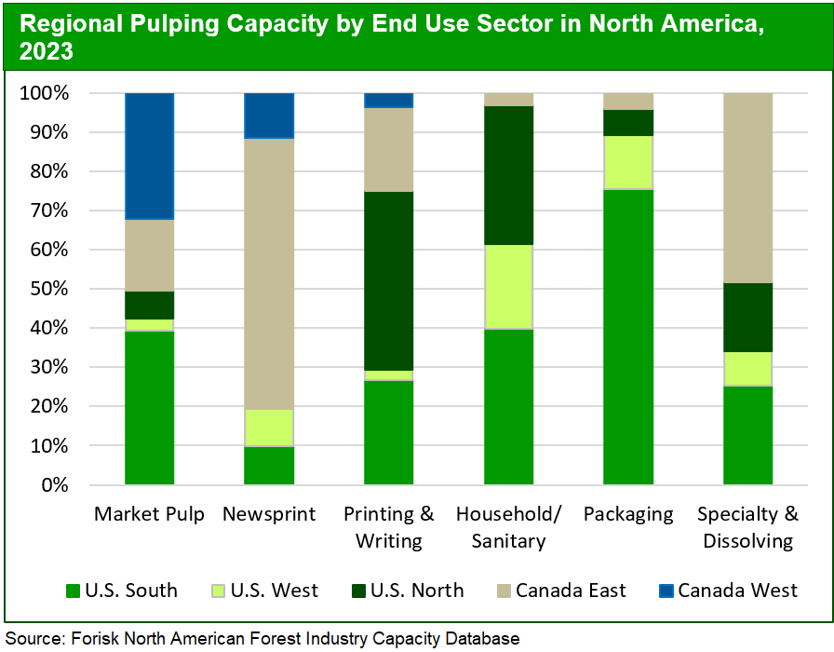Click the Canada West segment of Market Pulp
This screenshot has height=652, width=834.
coord(150,156)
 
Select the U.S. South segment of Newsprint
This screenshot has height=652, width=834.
coord(269,466)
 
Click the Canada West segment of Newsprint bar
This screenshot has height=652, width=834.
coord(269,115)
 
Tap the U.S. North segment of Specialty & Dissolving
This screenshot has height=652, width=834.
coord(747,318)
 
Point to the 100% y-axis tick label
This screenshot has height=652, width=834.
coord(42,93)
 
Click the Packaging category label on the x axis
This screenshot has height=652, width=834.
coord(628,514)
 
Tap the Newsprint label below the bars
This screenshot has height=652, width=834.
coord(269,514)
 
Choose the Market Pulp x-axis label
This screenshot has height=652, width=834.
coord(150,514)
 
